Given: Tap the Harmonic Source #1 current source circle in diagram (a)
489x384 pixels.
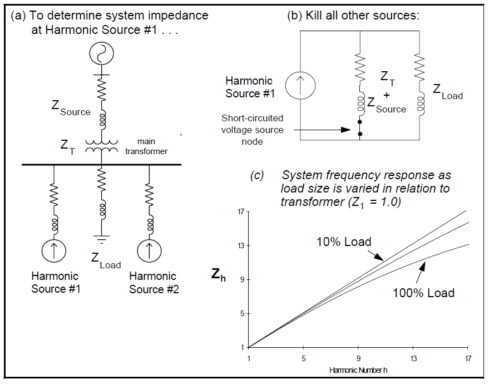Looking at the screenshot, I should tap(55, 250).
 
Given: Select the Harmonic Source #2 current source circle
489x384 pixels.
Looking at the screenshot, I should tap(149, 250).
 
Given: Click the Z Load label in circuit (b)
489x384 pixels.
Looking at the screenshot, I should tap(447, 92).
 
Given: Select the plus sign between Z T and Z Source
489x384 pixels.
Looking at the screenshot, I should tap(386, 95).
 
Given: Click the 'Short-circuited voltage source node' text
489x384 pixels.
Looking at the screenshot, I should tap(252, 130).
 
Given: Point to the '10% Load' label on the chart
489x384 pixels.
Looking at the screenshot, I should tap(343, 242).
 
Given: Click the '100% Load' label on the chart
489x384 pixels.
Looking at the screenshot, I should tap(423, 293).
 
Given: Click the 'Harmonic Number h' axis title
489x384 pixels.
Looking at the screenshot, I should tap(358, 370).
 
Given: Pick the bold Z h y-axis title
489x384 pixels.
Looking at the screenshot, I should tap(219, 274).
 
